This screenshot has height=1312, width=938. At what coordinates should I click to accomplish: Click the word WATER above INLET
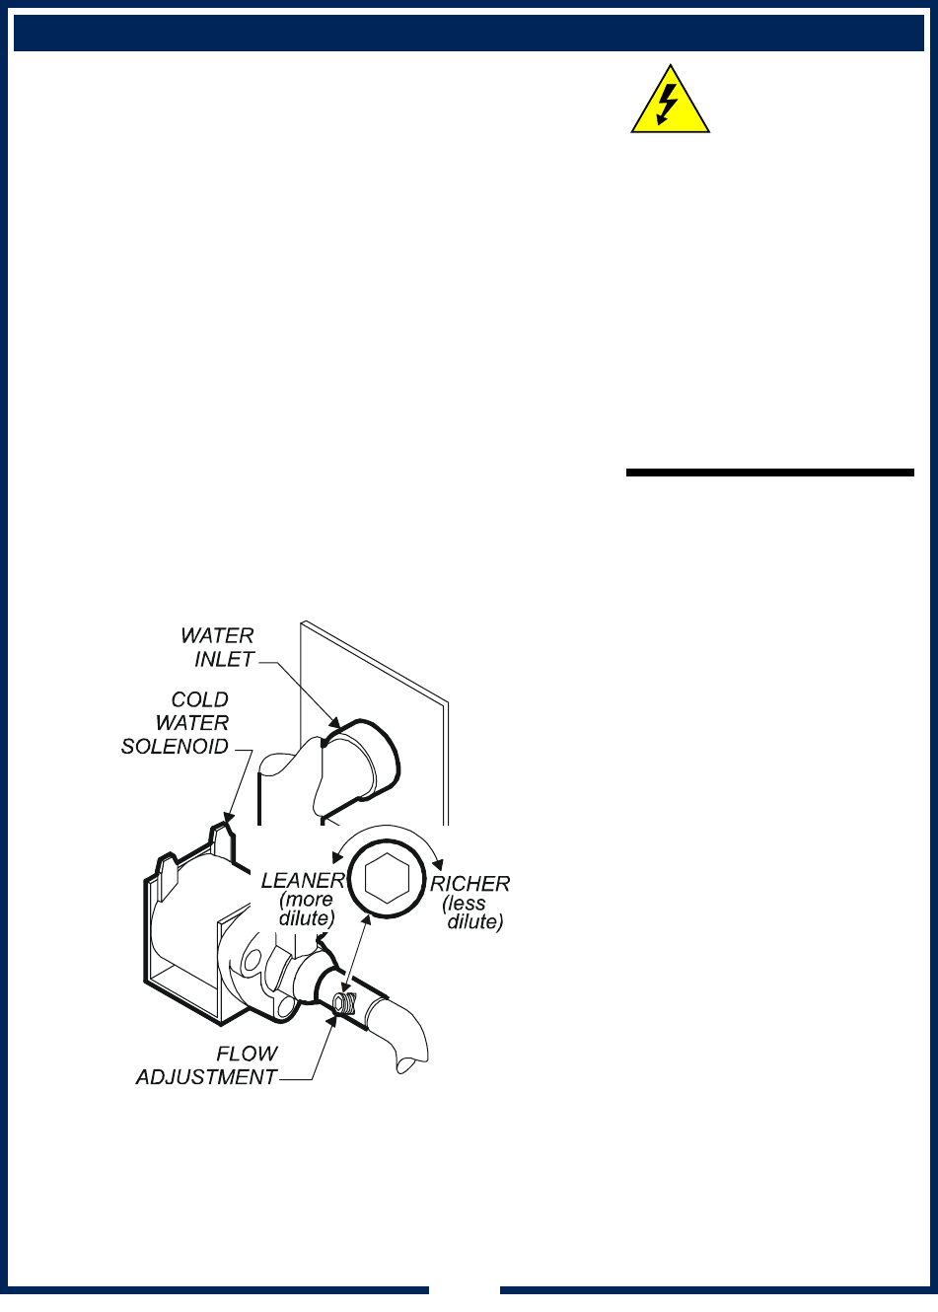(218, 636)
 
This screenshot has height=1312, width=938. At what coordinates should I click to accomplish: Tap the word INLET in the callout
(225, 659)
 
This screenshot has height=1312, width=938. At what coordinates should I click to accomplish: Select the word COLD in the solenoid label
(200, 700)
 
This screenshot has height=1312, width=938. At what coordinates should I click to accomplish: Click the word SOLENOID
(175, 747)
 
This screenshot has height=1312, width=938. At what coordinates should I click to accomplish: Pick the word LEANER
(303, 881)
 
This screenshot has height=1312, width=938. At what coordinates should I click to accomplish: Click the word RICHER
(470, 884)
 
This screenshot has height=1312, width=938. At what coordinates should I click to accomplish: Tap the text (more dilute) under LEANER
(307, 909)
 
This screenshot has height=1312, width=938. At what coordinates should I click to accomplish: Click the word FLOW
(247, 1055)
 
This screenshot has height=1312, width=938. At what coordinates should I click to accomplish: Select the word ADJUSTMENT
(206, 1077)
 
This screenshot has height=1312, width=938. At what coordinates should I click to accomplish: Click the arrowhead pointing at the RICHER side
(437, 860)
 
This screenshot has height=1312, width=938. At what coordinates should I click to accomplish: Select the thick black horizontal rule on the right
(770, 473)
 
